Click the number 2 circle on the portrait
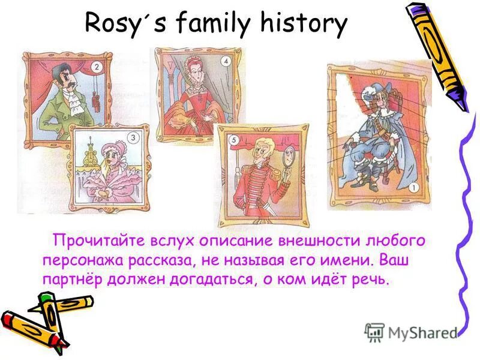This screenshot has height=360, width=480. [x=94, y=67]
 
